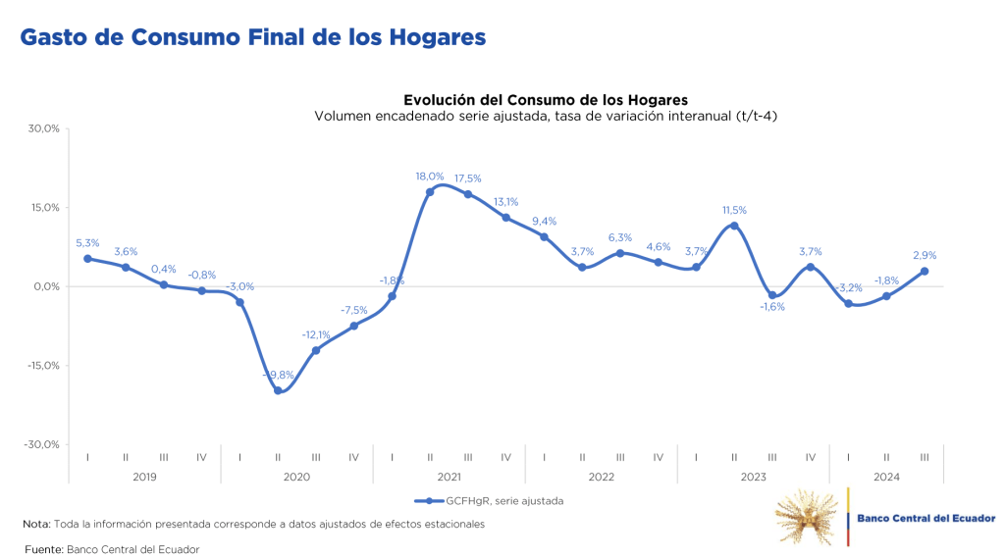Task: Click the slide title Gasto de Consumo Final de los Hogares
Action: pos(253,37)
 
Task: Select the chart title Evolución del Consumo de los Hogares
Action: pos(546,100)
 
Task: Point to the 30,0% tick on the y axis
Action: pos(44,128)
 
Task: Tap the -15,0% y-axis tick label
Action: pos(43,366)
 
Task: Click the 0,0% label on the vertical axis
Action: pos(47,286)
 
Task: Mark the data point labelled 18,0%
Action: pos(430,191)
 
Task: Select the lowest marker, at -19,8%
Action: pos(278,390)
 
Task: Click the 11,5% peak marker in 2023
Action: pos(734,226)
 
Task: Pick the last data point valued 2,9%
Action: pos(925,272)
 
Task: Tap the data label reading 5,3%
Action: pos(87,243)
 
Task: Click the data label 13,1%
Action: pos(506,202)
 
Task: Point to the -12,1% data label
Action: pos(316,334)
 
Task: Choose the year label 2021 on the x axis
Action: pos(449,477)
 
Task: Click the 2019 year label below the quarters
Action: pos(144,477)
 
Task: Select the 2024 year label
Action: pos(886,477)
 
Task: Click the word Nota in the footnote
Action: pos(35,525)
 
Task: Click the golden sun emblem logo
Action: pos(807,516)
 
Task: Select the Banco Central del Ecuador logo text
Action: pos(926,518)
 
